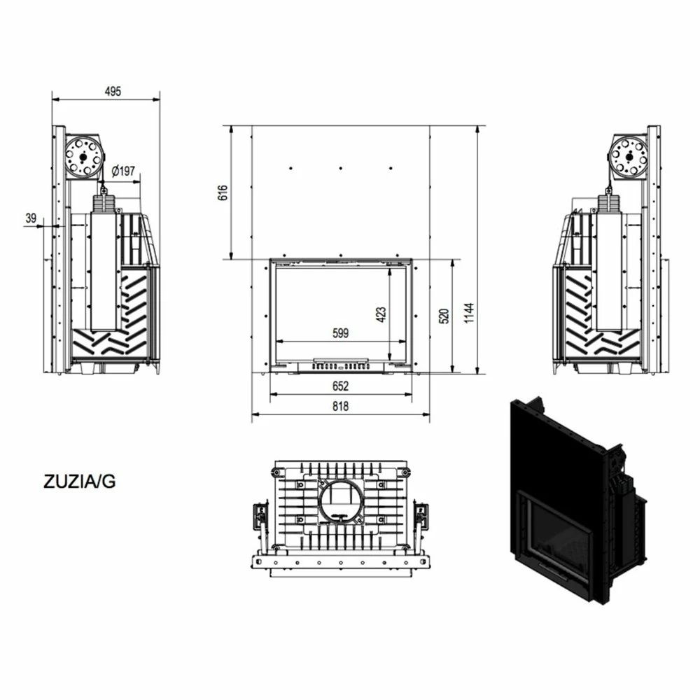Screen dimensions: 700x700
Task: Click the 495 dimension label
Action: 113,91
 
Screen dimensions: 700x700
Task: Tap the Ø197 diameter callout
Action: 123,171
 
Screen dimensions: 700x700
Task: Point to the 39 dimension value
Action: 31,218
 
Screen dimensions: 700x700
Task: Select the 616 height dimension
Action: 223,192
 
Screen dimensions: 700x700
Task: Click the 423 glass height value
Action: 381,314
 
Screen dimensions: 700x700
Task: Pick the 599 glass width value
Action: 341,333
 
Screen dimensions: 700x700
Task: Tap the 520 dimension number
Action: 444,316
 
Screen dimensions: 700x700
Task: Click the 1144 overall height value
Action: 469,313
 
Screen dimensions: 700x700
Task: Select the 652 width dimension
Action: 341,386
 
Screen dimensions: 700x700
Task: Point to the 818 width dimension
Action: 341,406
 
